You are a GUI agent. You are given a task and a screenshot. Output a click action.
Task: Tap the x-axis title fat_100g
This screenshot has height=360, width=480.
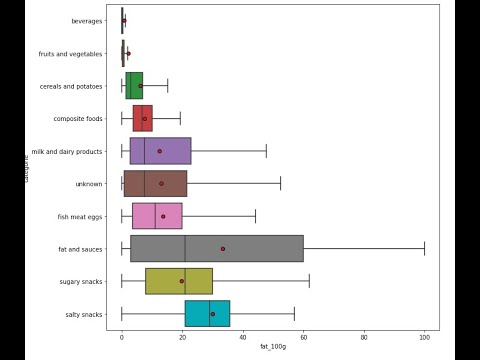coord(273,347)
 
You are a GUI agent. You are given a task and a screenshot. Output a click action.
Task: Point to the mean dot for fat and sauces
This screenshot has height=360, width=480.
coord(223,249)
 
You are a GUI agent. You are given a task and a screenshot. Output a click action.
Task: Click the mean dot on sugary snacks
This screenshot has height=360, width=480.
coord(182,281)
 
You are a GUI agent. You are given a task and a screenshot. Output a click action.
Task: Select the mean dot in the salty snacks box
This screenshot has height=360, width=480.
coord(212,314)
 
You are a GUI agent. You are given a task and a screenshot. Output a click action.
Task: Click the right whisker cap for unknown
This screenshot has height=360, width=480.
coord(280,184)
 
